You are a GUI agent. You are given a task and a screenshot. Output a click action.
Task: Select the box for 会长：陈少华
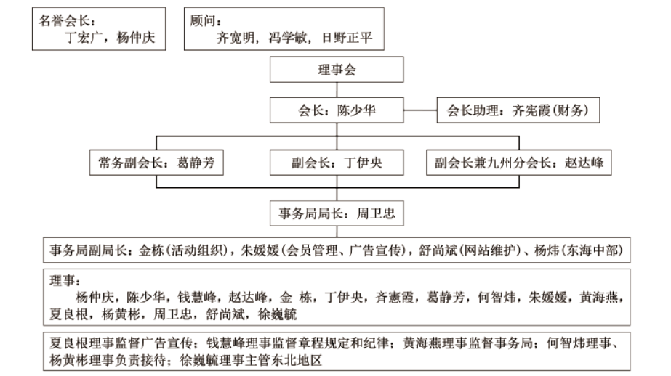pos(334,111)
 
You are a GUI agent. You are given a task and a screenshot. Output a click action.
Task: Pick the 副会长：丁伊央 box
pos(334,163)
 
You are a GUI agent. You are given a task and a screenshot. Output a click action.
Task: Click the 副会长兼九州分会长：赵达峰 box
pos(515,163)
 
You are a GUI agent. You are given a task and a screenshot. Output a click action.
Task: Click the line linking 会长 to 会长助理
pos(419,111)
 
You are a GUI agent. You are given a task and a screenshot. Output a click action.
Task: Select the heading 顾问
pos(205,20)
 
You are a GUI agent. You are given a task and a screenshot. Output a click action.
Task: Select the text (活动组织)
pos(197,251)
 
